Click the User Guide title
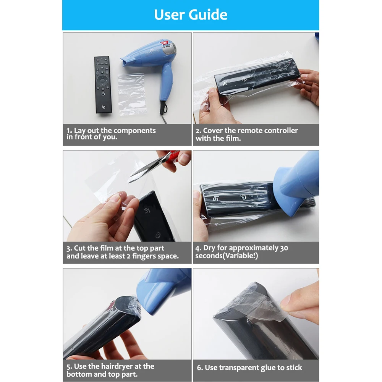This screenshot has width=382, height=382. tap(191, 15)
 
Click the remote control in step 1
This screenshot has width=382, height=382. tap(103, 84)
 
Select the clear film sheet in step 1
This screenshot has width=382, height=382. tap(132, 94)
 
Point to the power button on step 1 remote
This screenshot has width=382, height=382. tap(103, 93)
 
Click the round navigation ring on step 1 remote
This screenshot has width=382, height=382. tap(103, 81)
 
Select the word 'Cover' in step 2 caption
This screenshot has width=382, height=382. tap(213, 131)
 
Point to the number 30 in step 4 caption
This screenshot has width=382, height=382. tap(284, 248)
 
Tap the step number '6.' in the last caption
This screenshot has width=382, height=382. tap(200, 368)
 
